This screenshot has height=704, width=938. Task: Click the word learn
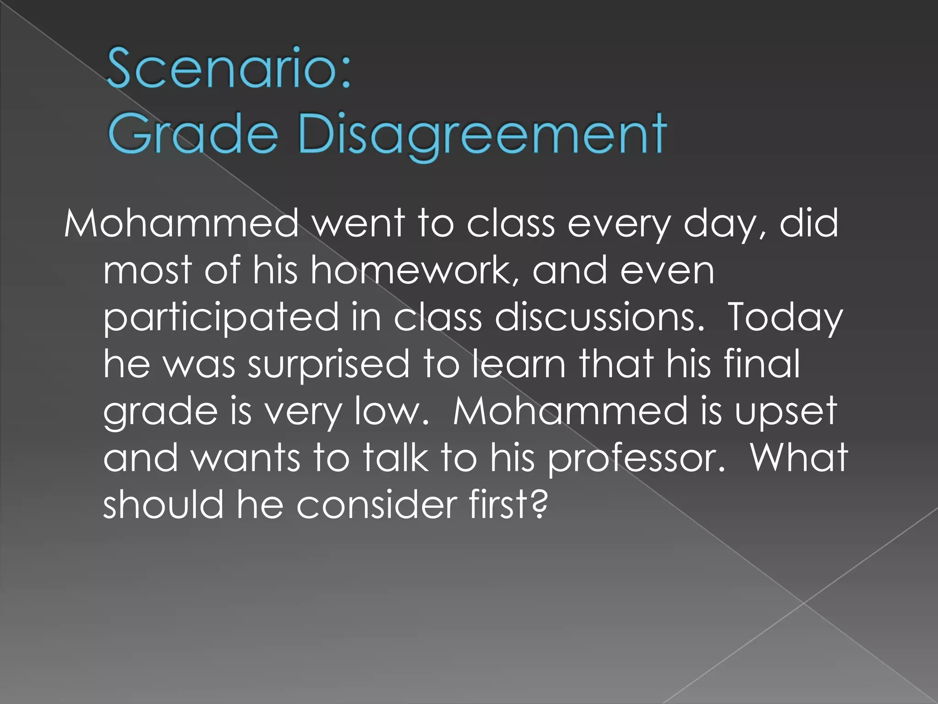coord(519,363)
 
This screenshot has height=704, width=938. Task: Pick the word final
coord(762,363)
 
